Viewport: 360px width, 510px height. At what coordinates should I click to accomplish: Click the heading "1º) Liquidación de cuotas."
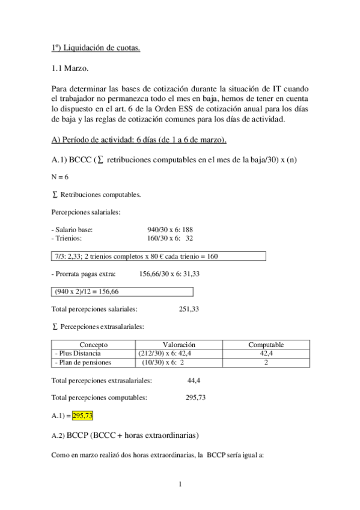click(x=96, y=48)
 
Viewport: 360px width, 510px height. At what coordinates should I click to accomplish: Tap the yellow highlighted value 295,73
click(x=82, y=416)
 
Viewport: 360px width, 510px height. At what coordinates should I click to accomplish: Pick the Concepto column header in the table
click(x=93, y=345)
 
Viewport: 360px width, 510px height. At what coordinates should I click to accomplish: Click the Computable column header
click(x=266, y=345)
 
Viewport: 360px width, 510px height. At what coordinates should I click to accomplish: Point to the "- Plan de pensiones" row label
click(x=82, y=363)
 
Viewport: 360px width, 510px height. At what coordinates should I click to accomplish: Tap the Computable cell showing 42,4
click(x=266, y=354)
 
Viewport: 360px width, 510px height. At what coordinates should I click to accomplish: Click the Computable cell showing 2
click(x=266, y=363)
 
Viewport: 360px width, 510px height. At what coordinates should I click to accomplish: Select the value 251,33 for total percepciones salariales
click(x=189, y=309)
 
